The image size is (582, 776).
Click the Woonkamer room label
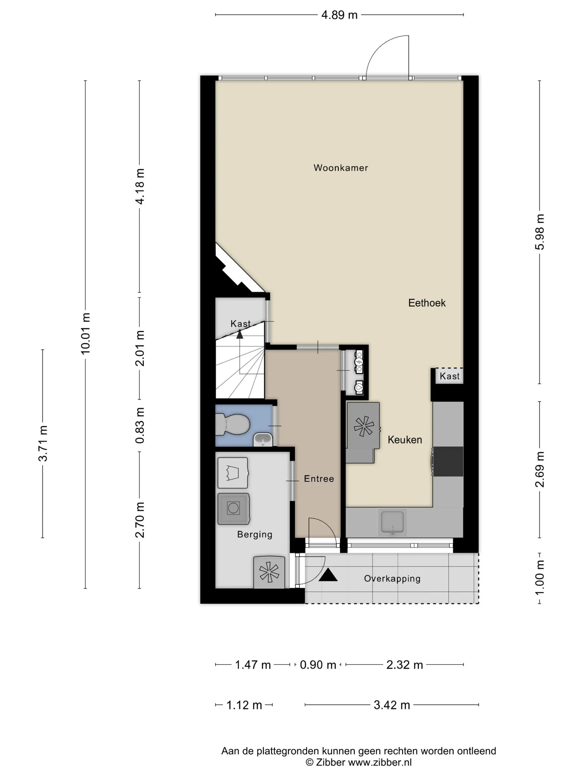[341, 168]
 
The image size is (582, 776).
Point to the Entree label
[319, 479]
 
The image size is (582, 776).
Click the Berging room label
[255, 534]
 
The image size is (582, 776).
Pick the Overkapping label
[392, 578]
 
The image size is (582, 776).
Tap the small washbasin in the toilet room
[263, 439]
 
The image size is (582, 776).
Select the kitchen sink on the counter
[392, 522]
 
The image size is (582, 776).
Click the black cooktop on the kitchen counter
[448, 461]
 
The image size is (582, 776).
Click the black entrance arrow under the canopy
[328, 575]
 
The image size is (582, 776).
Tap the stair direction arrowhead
[240, 335]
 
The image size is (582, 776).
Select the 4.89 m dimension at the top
[339, 15]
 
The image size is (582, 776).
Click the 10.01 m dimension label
[86, 333]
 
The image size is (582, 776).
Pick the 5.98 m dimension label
[540, 232]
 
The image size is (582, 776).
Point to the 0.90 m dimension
[318, 665]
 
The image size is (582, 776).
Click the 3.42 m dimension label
[392, 705]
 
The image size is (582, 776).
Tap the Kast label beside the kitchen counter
[450, 376]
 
